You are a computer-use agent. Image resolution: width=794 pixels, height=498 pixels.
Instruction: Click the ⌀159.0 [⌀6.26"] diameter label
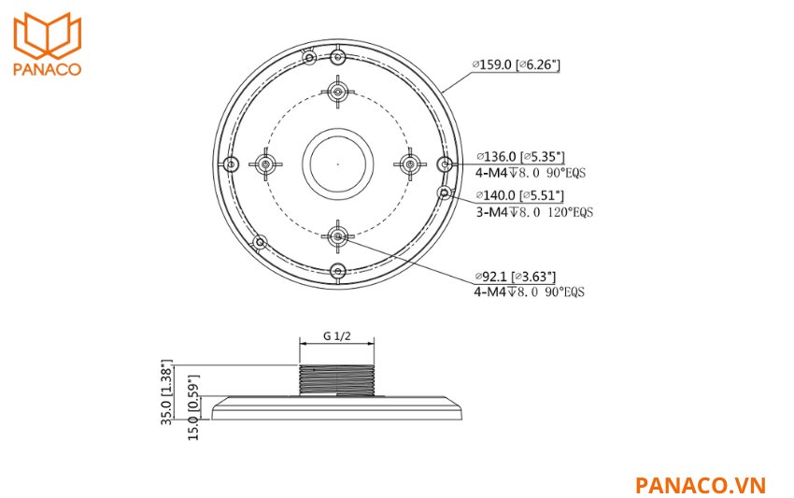pyautogui.click(x=516, y=65)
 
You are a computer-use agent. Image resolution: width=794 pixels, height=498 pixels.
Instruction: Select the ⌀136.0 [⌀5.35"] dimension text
pyautogui.click(x=519, y=157)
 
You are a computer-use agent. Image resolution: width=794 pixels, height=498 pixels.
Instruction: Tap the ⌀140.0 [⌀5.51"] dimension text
pyautogui.click(x=519, y=195)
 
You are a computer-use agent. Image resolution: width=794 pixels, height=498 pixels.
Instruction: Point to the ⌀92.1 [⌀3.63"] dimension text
pyautogui.click(x=516, y=277)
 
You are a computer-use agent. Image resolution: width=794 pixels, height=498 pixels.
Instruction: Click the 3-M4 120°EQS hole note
pyautogui.click(x=533, y=212)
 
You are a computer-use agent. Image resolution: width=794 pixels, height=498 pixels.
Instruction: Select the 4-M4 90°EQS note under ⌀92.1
pyautogui.click(x=529, y=292)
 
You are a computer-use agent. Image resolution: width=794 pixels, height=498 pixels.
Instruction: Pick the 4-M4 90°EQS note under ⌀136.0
pyautogui.click(x=533, y=173)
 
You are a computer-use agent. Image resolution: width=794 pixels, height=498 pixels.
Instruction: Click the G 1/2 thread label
pyautogui.click(x=336, y=335)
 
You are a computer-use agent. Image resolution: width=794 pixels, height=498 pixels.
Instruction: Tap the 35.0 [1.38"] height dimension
pyautogui.click(x=168, y=391)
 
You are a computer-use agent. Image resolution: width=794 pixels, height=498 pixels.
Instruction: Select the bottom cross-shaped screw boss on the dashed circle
pyautogui.click(x=337, y=236)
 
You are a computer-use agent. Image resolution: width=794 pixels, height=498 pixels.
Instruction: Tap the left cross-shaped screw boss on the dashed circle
pyautogui.click(x=265, y=164)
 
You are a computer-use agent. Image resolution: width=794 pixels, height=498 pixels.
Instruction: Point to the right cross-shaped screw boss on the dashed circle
pyautogui.click(x=409, y=164)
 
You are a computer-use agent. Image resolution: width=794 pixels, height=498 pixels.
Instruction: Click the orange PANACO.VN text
pyautogui.click(x=700, y=485)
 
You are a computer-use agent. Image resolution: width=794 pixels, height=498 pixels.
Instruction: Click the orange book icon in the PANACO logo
pyautogui.click(x=48, y=36)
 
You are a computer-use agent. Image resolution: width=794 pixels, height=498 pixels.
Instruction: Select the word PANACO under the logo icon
pyautogui.click(x=48, y=70)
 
